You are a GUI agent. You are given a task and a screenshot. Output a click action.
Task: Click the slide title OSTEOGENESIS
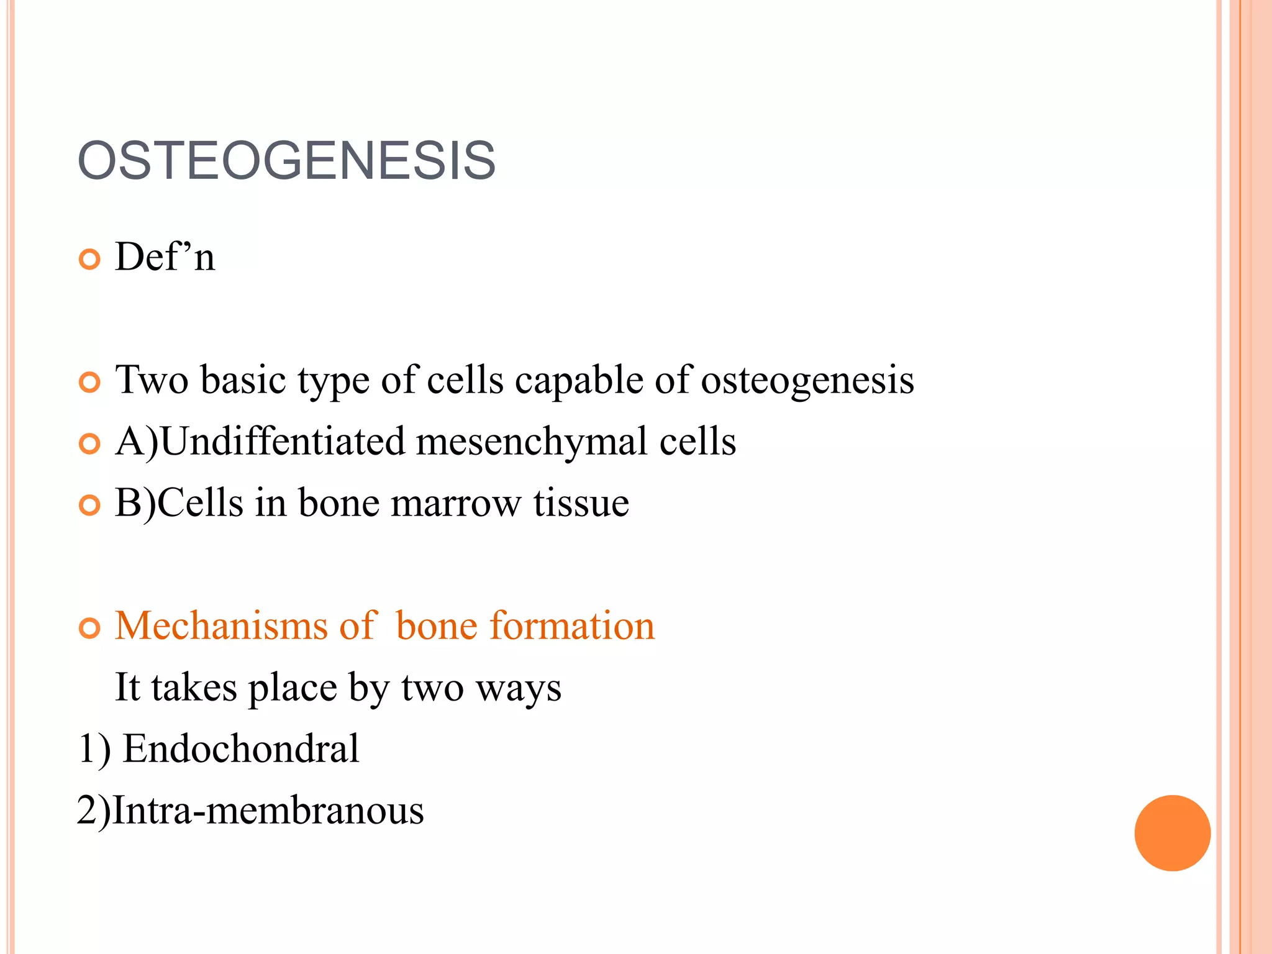(286, 161)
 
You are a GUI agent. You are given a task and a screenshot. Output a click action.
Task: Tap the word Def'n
(165, 257)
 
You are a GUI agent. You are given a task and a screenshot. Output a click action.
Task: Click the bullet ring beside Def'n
(90, 259)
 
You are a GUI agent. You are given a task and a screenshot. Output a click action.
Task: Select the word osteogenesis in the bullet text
(807, 380)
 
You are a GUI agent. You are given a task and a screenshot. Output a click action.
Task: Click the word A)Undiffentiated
(260, 442)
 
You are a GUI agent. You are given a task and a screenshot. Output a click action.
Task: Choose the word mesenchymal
(532, 442)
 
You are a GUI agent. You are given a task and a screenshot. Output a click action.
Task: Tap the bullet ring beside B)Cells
(90, 506)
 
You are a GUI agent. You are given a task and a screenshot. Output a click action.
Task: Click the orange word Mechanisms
(221, 625)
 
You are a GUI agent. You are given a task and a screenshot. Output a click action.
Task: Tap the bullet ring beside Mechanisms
(90, 628)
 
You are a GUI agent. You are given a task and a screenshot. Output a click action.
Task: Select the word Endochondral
(241, 748)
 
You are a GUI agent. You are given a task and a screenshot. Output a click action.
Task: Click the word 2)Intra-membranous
(250, 810)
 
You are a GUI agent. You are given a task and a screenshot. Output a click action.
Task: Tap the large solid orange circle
(1172, 833)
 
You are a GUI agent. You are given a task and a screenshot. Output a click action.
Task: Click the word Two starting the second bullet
(152, 380)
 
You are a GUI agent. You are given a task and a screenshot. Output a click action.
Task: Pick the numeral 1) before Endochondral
(94, 748)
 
